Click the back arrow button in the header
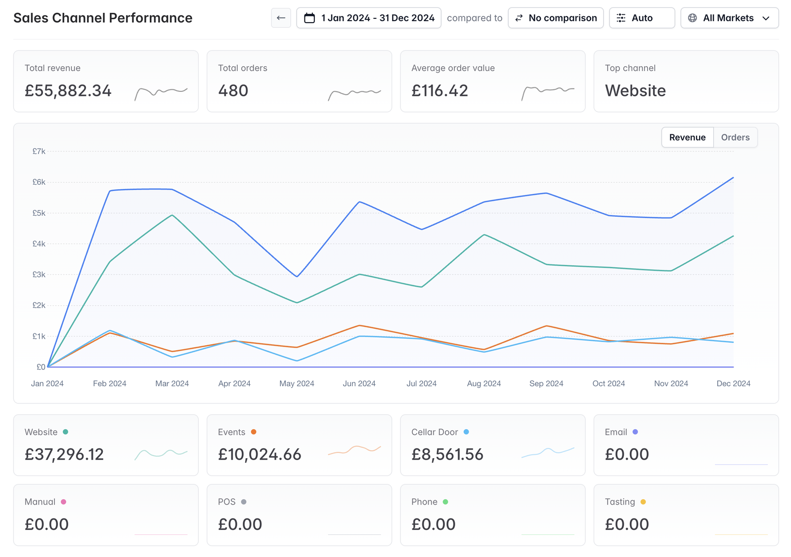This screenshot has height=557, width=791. click(x=281, y=18)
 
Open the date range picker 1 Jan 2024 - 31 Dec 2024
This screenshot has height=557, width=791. click(x=369, y=18)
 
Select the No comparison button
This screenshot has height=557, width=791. click(x=556, y=18)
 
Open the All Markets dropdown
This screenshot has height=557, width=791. click(x=729, y=18)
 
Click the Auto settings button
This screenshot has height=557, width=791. click(x=642, y=18)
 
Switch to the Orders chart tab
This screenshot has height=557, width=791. click(x=735, y=137)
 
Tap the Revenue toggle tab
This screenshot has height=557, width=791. click(x=687, y=137)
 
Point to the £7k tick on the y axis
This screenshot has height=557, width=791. click(x=39, y=151)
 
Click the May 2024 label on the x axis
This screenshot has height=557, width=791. click(x=297, y=384)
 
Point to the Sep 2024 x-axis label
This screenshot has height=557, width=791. click(x=546, y=384)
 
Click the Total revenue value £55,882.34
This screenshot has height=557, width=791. click(x=68, y=91)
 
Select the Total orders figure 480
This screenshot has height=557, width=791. click(x=233, y=91)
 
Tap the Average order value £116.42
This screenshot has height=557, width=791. click(x=439, y=91)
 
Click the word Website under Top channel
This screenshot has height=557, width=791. click(x=635, y=91)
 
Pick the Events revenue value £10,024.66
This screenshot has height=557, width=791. click(x=260, y=454)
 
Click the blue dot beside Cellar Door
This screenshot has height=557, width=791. click(x=466, y=432)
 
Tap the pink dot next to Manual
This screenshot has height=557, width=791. click(x=64, y=502)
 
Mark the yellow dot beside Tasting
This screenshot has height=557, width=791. click(x=643, y=502)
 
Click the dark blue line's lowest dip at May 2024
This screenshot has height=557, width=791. click(x=297, y=276)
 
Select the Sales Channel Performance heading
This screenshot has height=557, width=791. click(x=103, y=18)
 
